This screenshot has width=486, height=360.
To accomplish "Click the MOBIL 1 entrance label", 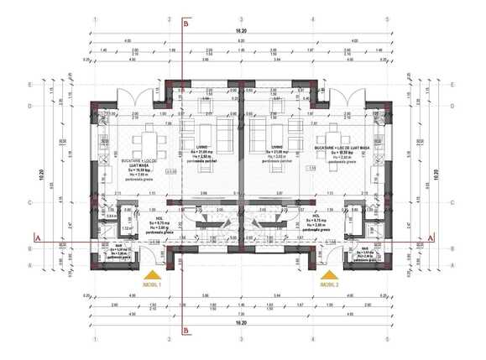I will point(152,284).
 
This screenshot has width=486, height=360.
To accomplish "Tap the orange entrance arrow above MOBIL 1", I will point(152,274).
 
